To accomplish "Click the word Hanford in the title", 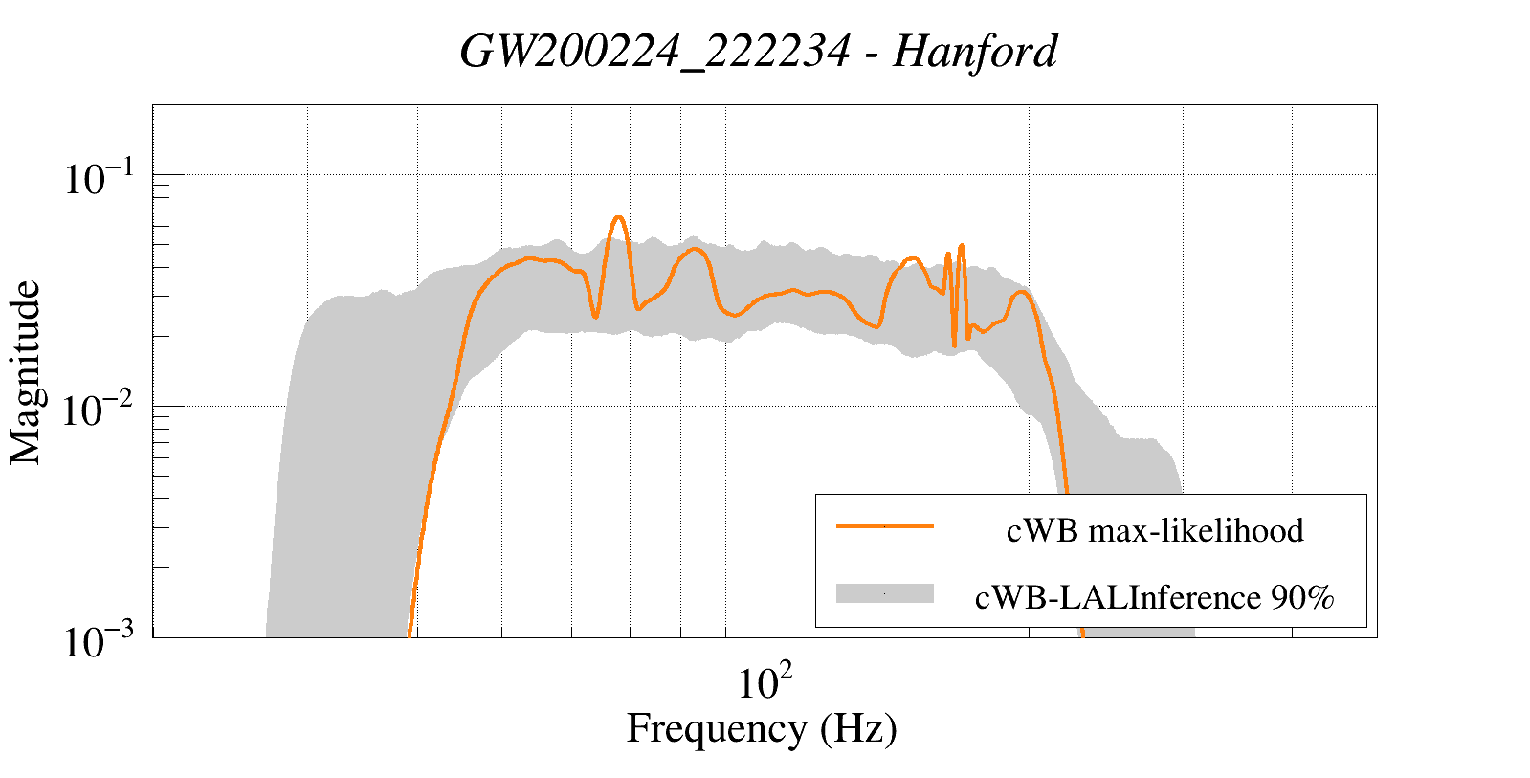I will (975, 51).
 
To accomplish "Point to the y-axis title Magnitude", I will (26, 372).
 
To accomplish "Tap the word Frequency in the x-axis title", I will (717, 729).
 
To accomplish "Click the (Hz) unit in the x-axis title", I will (858, 729).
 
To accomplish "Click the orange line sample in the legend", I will (884, 526).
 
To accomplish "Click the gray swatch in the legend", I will (884, 593).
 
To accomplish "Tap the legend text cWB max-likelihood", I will (1155, 530).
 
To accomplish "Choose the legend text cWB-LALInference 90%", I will (1154, 597).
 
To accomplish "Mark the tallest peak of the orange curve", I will (618, 217).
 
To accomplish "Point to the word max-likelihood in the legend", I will (1196, 530).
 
